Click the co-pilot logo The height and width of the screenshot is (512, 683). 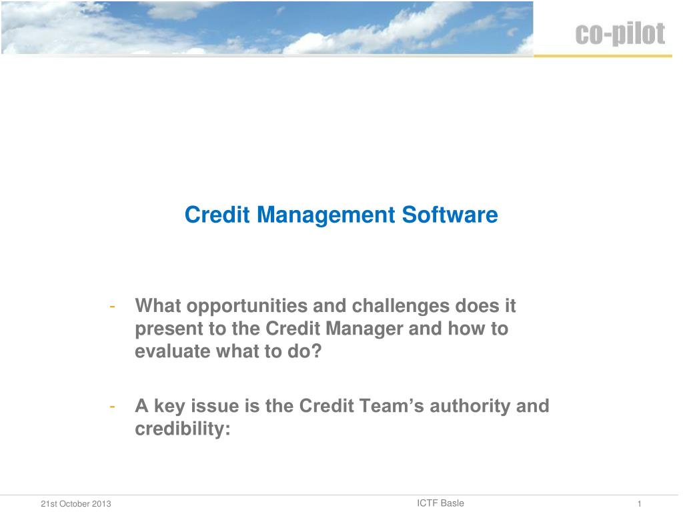pyautogui.click(x=620, y=33)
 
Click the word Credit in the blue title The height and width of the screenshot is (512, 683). pyautogui.click(x=217, y=215)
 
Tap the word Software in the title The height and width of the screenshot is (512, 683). pyautogui.click(x=450, y=215)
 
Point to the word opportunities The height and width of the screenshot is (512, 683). pyautogui.click(x=247, y=307)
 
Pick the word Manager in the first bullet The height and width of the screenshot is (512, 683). pyautogui.click(x=364, y=329)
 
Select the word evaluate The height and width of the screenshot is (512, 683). pyautogui.click(x=173, y=351)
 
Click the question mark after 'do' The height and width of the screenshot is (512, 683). pyautogui.click(x=315, y=351)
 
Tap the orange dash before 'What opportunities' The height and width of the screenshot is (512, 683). pyautogui.click(x=112, y=307)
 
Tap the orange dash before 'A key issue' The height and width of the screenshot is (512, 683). pyautogui.click(x=112, y=407)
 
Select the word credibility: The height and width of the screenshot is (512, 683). pyautogui.click(x=183, y=429)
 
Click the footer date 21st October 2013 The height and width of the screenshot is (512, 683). pyautogui.click(x=76, y=504)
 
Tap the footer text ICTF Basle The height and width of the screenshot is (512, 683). pyautogui.click(x=440, y=503)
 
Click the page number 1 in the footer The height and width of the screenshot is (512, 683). pyautogui.click(x=640, y=504)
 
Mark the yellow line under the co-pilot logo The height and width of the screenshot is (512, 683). pyautogui.click(x=603, y=56)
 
